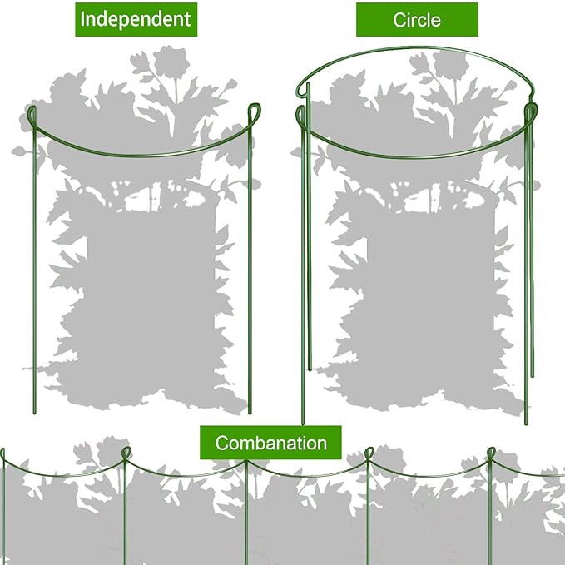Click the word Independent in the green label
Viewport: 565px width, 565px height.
point(136,18)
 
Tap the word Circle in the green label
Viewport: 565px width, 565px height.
point(417,19)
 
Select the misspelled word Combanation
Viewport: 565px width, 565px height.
point(270,442)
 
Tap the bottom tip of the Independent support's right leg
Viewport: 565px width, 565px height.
point(249,413)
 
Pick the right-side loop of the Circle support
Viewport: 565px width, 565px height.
point(529,110)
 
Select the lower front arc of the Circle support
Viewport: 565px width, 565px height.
point(416,156)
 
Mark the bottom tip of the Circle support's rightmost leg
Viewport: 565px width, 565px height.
point(526,424)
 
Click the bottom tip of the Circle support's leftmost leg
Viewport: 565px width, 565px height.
point(303,424)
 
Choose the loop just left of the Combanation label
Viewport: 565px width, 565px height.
point(126,453)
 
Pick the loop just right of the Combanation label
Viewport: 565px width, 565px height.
point(369,453)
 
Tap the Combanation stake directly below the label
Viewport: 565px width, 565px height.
point(246,516)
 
